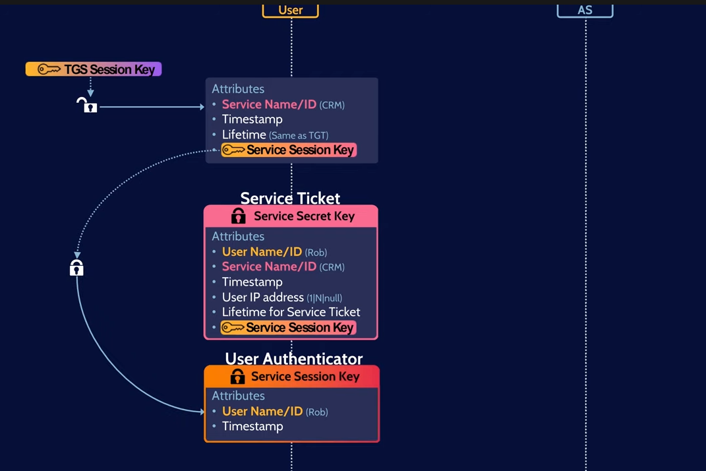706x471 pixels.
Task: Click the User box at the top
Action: click(290, 10)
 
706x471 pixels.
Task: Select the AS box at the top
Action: click(585, 10)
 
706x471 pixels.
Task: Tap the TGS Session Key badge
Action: click(94, 69)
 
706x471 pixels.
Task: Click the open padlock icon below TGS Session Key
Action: click(87, 106)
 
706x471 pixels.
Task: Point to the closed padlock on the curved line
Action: click(76, 268)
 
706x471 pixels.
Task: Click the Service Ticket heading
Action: click(290, 198)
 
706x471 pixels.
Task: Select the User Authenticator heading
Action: click(293, 358)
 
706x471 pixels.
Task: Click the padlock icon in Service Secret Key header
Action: click(238, 216)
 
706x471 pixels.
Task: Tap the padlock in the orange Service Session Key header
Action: click(237, 376)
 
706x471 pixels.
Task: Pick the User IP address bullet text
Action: click(262, 297)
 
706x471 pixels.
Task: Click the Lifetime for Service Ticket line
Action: click(291, 312)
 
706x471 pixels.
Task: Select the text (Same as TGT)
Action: click(298, 135)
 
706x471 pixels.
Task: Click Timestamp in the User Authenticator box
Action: click(252, 426)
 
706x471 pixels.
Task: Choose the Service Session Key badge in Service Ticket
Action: click(289, 328)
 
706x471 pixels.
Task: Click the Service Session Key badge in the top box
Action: click(289, 150)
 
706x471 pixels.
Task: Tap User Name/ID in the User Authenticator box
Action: click(262, 411)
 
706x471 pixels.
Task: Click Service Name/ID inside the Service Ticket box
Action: click(269, 267)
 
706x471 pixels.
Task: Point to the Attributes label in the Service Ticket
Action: click(238, 236)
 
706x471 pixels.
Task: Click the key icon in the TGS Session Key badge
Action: click(48, 69)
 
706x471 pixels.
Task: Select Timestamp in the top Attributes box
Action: click(252, 119)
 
